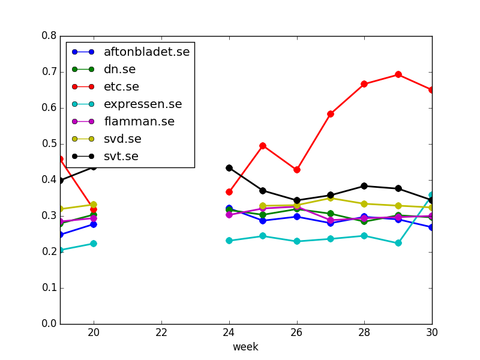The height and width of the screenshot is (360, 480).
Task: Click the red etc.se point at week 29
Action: [x=398, y=74]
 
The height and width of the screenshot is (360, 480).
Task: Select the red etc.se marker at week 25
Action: [x=263, y=146]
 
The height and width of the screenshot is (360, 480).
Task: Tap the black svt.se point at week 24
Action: [x=229, y=168]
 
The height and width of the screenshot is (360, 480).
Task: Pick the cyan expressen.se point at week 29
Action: [x=398, y=243]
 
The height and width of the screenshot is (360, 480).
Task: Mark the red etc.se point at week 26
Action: [x=296, y=170]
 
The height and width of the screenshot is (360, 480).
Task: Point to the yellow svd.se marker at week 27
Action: [x=331, y=198]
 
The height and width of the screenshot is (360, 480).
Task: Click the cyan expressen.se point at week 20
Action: [x=94, y=244]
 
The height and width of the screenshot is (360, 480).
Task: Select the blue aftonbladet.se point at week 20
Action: [x=94, y=224]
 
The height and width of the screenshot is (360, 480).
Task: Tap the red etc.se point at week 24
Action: [x=229, y=192]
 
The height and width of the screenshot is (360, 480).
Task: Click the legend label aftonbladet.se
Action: [x=147, y=52]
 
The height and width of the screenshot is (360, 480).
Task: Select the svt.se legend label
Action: [x=121, y=157]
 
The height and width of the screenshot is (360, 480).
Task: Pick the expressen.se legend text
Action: [x=143, y=104]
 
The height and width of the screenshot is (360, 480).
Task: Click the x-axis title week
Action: [x=245, y=347]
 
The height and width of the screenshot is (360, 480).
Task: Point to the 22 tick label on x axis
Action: [x=161, y=332]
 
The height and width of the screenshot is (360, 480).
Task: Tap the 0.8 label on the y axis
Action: [x=49, y=36]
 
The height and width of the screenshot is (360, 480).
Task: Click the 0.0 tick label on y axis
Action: [x=49, y=323]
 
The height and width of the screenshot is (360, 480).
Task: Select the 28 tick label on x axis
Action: [x=364, y=332]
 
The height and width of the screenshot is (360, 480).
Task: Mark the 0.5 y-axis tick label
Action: [x=49, y=144]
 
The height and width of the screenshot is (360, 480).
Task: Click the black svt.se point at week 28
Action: [x=364, y=186]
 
